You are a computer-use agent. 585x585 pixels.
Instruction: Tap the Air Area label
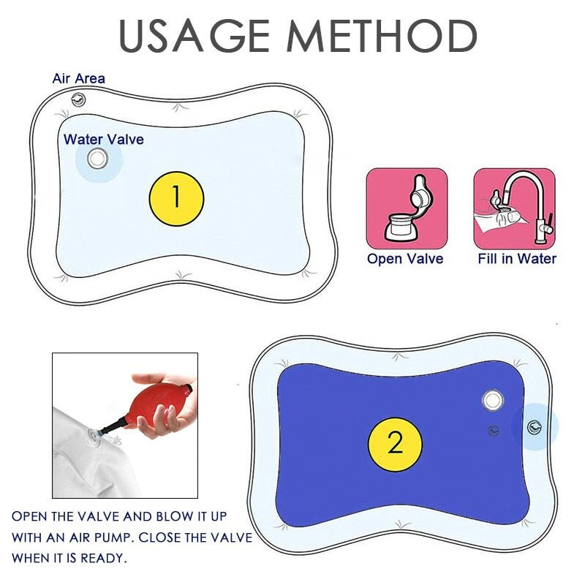tap(78, 78)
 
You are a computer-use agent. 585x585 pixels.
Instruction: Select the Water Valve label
tap(103, 139)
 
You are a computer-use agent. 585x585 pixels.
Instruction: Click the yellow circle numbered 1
tap(175, 197)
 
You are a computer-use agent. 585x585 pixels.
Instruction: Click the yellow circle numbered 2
tap(395, 444)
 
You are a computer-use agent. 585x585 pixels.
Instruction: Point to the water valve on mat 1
tap(96, 159)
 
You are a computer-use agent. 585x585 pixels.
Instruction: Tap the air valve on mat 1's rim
tap(78, 99)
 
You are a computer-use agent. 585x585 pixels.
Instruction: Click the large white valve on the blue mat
tap(494, 399)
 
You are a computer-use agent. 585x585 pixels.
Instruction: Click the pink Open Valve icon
tap(406, 208)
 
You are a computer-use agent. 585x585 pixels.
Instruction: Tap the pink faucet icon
tap(515, 208)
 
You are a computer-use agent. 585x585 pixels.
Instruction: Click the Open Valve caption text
tap(405, 258)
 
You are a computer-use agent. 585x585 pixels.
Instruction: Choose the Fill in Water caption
tap(517, 258)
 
